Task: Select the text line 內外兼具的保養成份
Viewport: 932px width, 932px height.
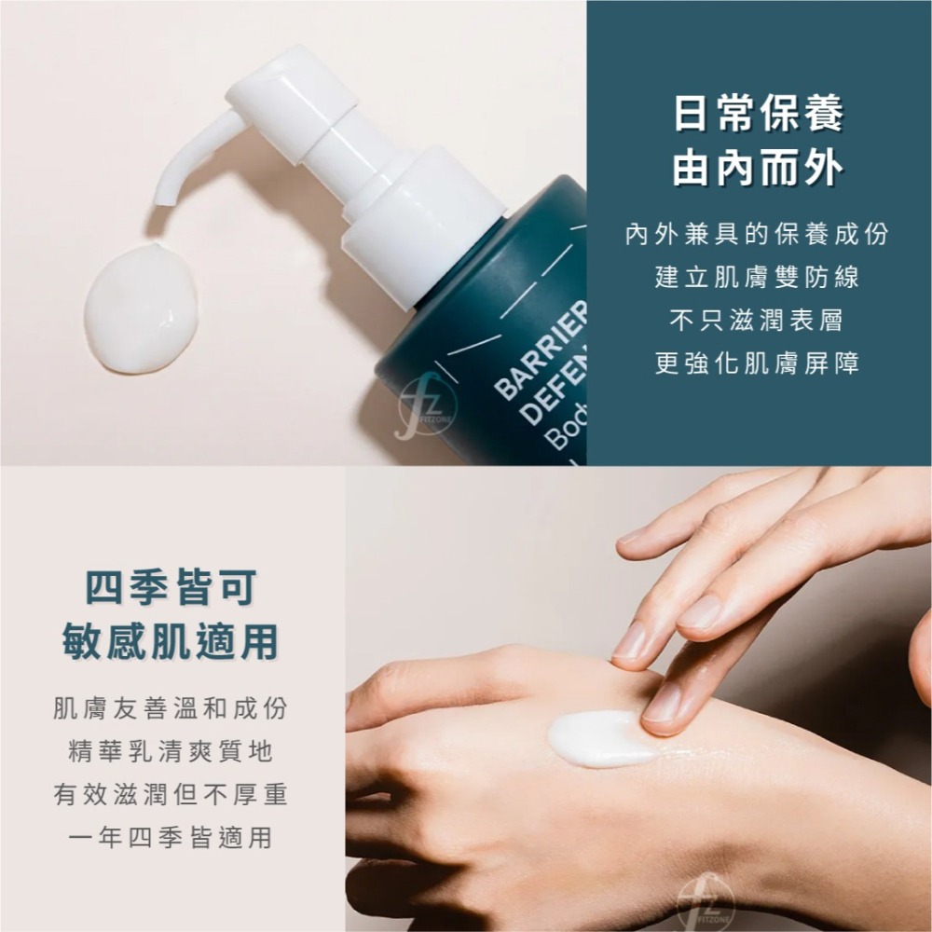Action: click(x=757, y=234)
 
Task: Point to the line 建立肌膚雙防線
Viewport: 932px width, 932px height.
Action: click(x=757, y=278)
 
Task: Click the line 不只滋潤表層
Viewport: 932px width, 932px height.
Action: click(x=757, y=321)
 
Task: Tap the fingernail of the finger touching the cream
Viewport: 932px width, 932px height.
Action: click(x=665, y=704)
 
